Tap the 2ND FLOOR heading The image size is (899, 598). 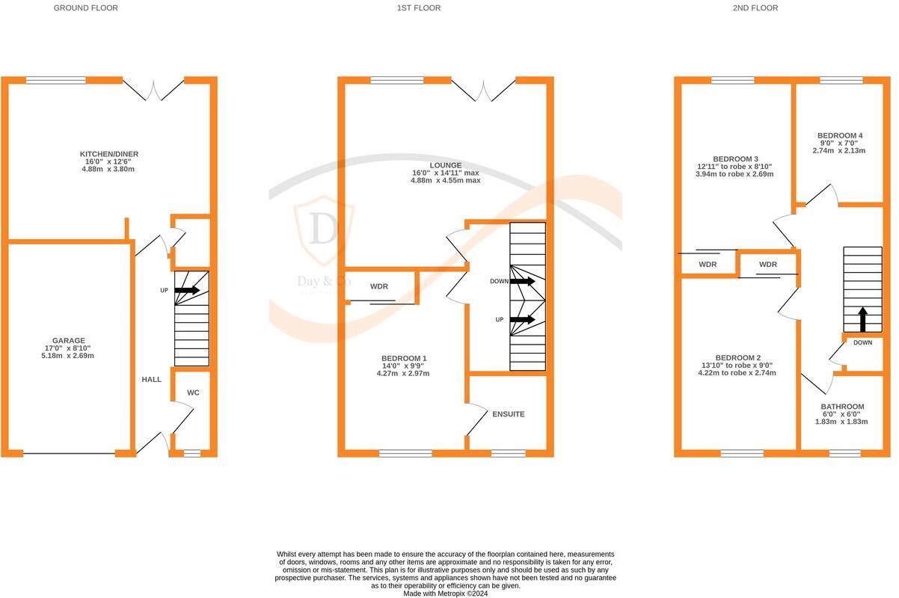755,8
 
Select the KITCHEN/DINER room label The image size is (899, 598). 109,154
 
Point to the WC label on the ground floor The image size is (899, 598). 193,392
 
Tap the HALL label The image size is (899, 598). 152,380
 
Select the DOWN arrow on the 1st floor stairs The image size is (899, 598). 522,282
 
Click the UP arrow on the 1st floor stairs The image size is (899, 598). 522,319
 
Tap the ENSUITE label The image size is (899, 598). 508,414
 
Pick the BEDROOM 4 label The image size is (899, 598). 839,135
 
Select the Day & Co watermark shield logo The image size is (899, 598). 322,230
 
